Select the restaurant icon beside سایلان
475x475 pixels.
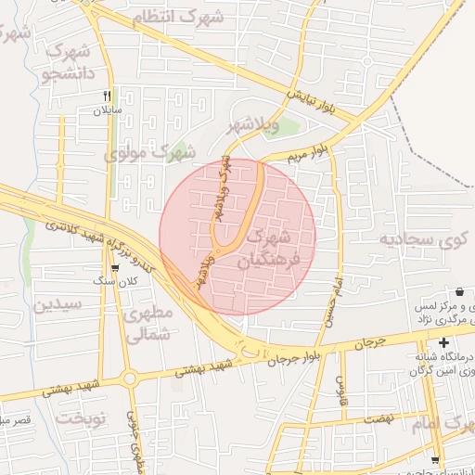(107, 96)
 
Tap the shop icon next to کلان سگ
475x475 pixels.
(115, 267)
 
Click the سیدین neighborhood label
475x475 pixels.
(58, 305)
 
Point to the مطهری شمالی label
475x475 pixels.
(148, 325)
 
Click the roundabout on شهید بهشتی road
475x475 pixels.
(129, 379)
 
